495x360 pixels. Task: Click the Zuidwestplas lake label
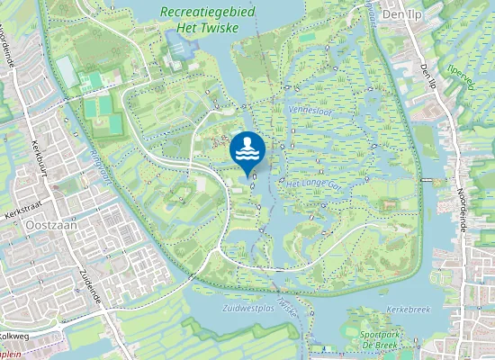point(247,308)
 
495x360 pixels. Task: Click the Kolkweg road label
point(15,336)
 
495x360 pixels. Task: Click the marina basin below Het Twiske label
point(179,40)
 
